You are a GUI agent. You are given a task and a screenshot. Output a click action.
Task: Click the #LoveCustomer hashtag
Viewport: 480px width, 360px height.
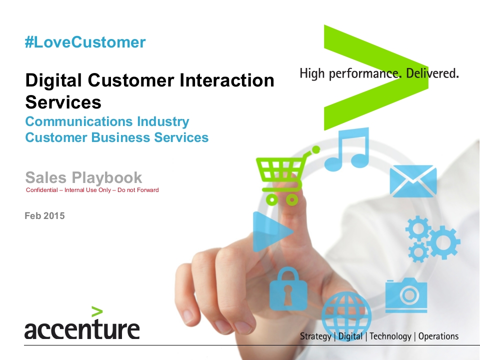pos(85,42)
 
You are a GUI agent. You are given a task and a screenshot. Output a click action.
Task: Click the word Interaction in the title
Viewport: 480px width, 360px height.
pos(227,80)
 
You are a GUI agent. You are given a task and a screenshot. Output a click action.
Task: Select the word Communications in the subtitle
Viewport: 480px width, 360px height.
pos(79,121)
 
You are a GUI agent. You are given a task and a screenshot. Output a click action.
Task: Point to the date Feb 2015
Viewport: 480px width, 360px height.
pos(44,216)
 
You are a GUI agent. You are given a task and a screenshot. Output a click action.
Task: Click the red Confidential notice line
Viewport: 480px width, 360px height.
pos(92,190)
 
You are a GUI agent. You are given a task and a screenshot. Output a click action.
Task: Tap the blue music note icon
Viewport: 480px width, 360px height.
pos(347,149)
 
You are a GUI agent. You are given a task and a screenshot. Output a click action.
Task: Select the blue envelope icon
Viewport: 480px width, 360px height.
pos(413,181)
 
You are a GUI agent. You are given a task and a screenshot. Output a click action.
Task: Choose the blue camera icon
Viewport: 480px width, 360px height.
pos(406,295)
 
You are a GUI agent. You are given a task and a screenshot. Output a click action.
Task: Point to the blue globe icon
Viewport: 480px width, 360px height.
pos(346,315)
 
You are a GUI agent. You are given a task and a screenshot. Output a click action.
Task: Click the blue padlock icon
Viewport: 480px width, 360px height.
pos(288,289)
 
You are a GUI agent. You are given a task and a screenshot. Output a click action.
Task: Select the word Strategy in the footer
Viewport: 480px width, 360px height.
pos(315,336)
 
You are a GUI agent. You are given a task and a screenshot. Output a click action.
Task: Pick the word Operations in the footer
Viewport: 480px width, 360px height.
pos(438,336)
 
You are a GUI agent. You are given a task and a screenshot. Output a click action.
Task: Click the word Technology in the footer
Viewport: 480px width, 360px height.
pos(390,336)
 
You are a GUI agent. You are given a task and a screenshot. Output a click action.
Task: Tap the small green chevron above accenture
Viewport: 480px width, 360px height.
pos(97,311)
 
